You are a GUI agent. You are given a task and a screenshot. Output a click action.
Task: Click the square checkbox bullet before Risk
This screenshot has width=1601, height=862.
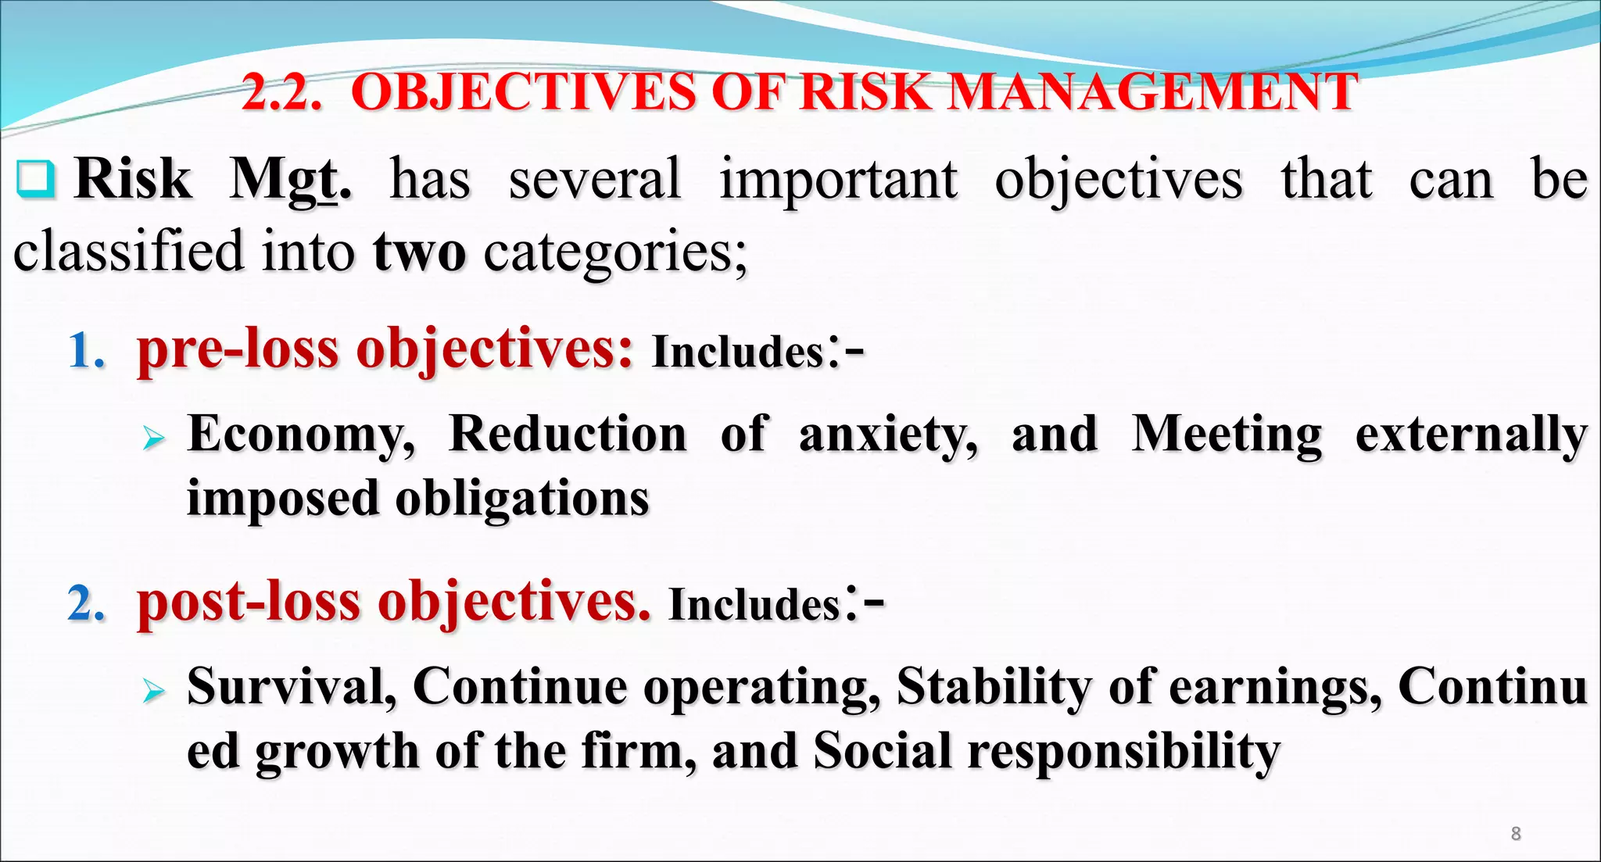coord(35,179)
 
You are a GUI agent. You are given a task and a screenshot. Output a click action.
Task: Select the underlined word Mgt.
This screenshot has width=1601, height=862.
coord(290,181)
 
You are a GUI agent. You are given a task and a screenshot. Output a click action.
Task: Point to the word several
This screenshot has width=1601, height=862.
coord(595,181)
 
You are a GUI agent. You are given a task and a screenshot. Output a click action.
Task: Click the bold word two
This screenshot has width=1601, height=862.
coord(420,252)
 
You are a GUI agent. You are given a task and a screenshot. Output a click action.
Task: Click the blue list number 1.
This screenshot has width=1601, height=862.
coord(86,350)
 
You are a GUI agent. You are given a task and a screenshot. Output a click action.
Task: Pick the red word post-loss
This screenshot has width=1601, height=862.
coord(249,603)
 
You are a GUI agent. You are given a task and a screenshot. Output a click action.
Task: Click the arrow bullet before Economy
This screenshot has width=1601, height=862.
coord(154,438)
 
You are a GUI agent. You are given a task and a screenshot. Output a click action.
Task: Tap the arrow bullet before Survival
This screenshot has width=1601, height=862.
coord(154,691)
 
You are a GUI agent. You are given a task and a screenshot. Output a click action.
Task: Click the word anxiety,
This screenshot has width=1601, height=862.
coord(888,435)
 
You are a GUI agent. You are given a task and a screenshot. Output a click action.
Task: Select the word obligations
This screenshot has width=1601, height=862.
coord(522,499)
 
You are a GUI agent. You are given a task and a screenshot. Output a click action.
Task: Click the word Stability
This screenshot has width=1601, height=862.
coord(994,686)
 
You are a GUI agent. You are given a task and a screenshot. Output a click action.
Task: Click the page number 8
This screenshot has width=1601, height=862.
coord(1516,833)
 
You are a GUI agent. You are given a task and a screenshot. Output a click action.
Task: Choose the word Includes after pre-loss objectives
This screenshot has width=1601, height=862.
coord(738,352)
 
